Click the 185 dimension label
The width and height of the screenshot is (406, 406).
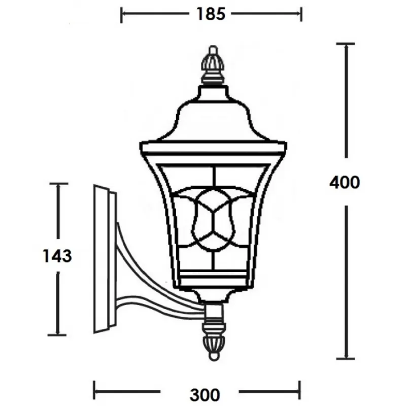tap(211, 14)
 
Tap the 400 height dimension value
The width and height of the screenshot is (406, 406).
tap(345, 182)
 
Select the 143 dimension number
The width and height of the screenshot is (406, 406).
tap(57, 256)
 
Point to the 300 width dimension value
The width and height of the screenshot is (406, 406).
tap(205, 395)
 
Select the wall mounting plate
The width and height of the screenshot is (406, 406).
tap(105, 259)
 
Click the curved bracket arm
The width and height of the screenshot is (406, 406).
tap(155, 285)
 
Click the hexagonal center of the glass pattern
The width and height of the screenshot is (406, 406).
tap(214, 220)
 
